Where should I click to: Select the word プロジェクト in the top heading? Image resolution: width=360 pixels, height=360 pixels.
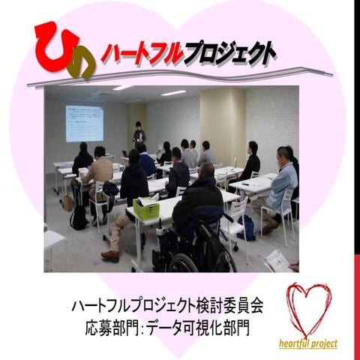click(224, 53)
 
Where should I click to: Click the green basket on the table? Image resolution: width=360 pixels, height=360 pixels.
click(145, 208)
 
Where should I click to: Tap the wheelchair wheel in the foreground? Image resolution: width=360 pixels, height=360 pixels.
click(183, 262)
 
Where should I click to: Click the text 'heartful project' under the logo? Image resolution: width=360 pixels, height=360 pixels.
click(307, 344)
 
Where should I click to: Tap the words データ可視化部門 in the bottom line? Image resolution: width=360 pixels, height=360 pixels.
click(209, 328)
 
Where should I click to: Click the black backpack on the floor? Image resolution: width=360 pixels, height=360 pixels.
click(78, 217)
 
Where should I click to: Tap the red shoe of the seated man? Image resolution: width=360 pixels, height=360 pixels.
click(110, 256)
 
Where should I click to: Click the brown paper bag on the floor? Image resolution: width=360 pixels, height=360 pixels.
click(67, 200)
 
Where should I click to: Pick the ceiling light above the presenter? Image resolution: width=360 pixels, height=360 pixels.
click(173, 93)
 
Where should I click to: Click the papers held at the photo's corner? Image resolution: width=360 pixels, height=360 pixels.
click(277, 260)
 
